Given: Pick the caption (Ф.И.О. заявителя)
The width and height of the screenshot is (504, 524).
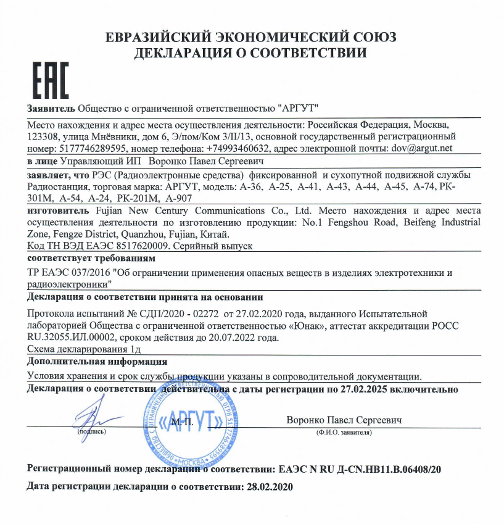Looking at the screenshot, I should click(x=344, y=433).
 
